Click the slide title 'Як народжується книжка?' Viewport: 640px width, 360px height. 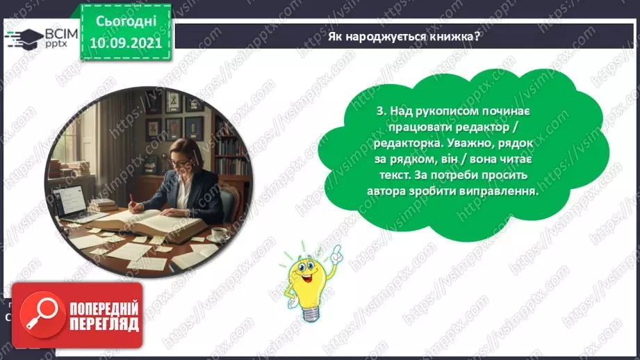404,36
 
